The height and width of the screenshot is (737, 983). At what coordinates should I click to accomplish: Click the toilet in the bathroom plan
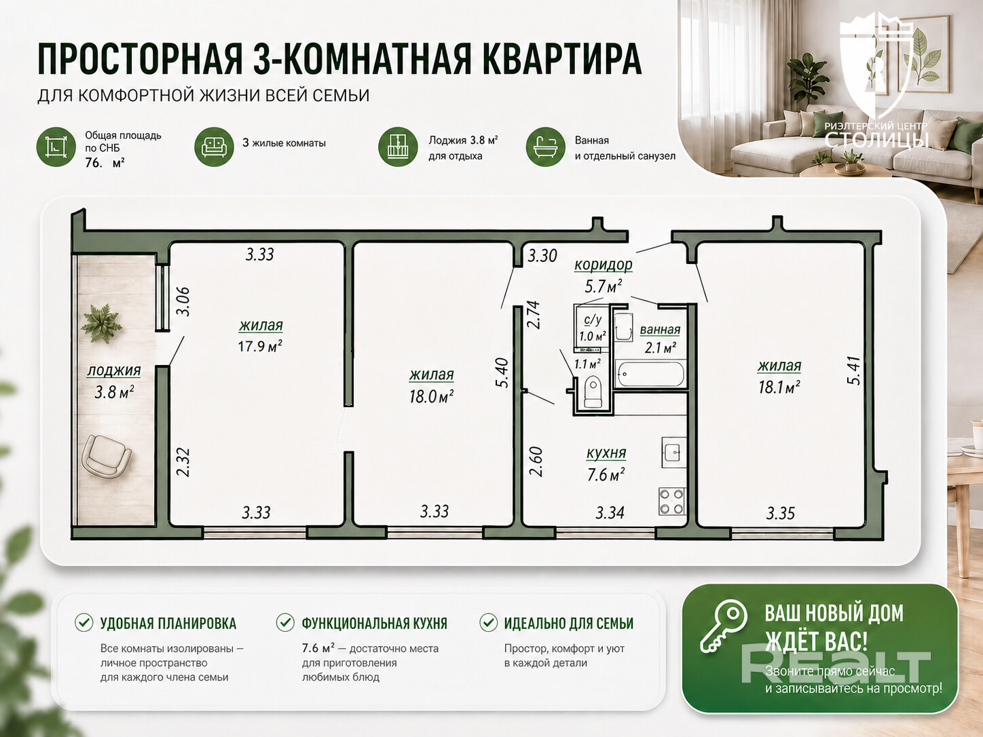point(593,392)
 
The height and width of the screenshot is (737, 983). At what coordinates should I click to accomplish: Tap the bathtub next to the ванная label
point(650,374)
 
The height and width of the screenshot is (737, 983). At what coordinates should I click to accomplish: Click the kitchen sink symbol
point(673,453)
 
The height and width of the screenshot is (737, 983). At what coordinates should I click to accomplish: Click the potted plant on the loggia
point(101,322)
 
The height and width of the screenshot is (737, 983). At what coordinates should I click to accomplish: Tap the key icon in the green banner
point(723,626)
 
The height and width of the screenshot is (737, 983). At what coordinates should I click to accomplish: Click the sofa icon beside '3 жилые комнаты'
point(214,147)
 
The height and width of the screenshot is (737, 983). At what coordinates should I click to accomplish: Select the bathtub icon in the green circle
point(545,147)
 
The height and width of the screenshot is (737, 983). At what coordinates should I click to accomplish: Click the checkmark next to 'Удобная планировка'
point(84,622)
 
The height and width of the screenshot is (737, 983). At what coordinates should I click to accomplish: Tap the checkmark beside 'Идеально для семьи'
point(488,622)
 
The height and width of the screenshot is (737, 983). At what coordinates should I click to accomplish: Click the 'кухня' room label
point(606,453)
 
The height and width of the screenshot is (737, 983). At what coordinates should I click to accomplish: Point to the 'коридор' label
point(604,265)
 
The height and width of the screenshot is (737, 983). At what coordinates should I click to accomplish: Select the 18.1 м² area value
point(779,387)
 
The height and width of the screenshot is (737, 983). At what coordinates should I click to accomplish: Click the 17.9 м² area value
point(260,346)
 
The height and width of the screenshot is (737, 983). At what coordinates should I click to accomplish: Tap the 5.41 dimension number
point(853,370)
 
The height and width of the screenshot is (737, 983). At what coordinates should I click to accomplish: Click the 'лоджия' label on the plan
point(114,371)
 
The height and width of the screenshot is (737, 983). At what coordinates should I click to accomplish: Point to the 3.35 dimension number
point(781,513)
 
